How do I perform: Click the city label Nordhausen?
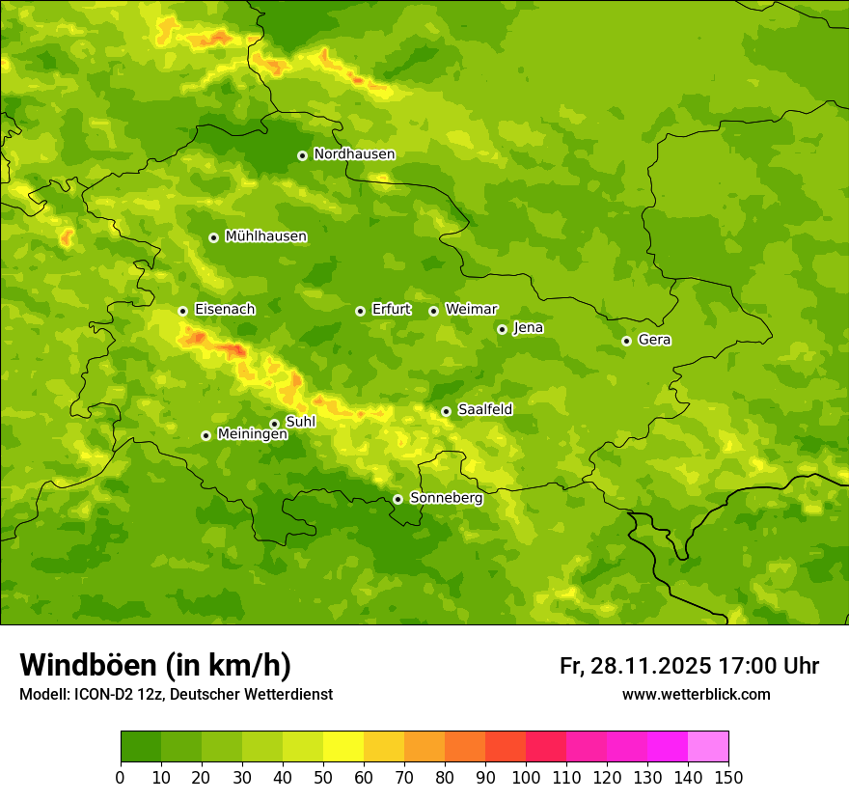(354, 154)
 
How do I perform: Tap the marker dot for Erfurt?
(360, 311)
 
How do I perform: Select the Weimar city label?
(471, 310)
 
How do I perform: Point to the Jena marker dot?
(502, 329)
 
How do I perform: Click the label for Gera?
(654, 340)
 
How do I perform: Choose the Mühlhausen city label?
(265, 236)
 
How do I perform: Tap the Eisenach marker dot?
(182, 311)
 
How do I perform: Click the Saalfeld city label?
(484, 410)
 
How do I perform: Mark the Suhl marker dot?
(274, 424)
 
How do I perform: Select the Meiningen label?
(252, 434)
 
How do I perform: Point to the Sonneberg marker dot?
(397, 499)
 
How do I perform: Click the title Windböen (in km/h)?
(155, 665)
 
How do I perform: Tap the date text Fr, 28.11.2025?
(635, 666)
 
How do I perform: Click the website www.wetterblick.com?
(696, 695)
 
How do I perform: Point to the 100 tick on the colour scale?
(526, 776)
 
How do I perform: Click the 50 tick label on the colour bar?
(323, 776)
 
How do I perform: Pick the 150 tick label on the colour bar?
(728, 776)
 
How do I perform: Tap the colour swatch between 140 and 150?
(708, 747)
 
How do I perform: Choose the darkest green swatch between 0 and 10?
(141, 747)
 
